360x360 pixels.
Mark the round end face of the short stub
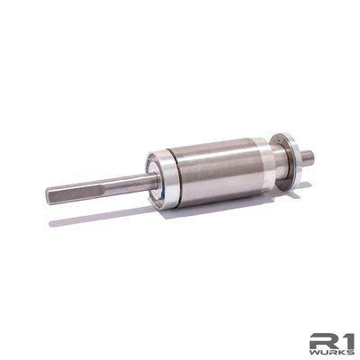tap(310, 157)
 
